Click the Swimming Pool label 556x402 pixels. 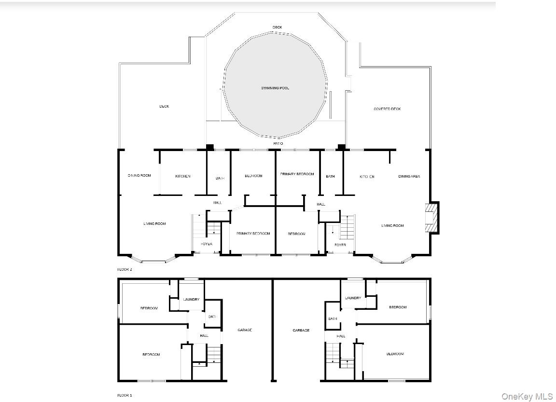tap(275, 88)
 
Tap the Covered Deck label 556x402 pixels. tap(387, 109)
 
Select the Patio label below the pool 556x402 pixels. tap(278, 144)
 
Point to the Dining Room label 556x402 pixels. tap(139, 176)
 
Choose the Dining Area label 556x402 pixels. tap(409, 177)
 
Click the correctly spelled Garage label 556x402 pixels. tap(245, 330)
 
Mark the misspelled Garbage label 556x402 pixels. tap(301, 331)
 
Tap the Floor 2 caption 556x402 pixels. tap(125, 269)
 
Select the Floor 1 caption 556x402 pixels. tap(125, 395)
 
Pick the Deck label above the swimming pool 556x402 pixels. tap(277, 28)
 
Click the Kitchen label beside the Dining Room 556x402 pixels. tap(182, 176)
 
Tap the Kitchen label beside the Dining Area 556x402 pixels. tap(367, 177)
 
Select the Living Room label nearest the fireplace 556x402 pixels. tap(392, 225)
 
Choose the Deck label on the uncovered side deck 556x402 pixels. tap(164, 106)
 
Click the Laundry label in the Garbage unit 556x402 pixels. tap(353, 298)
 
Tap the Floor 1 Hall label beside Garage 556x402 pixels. tap(204, 335)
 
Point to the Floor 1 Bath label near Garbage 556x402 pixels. tap(333, 319)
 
